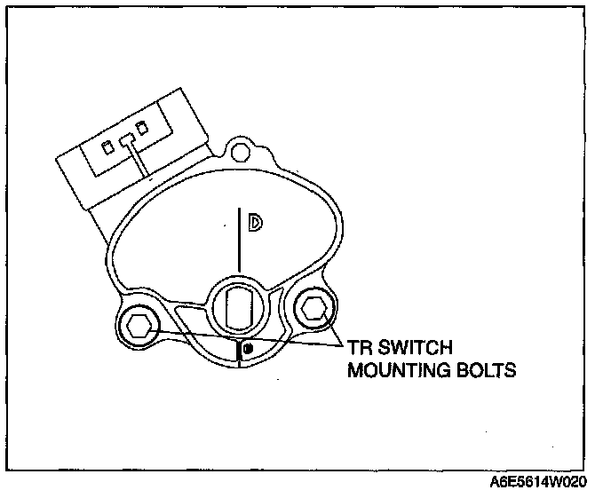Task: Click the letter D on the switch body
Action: pos(255,224)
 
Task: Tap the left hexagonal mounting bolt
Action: pos(138,325)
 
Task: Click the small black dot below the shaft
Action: pos(249,348)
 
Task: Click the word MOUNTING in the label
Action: pos(393,369)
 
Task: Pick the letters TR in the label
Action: pos(358,347)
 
